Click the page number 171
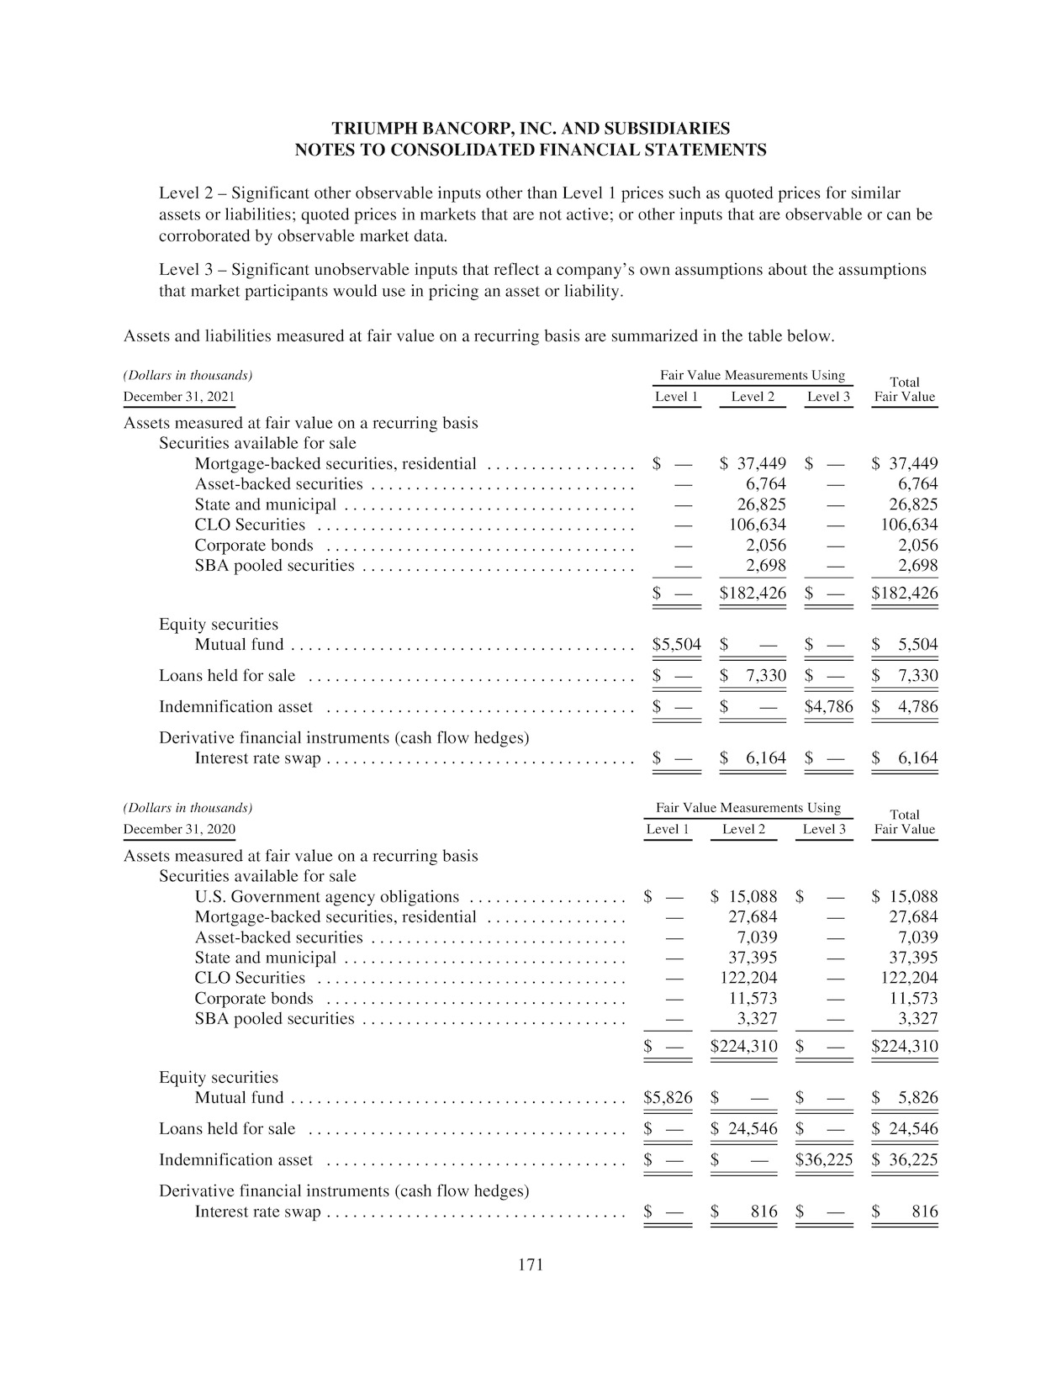tap(531, 1264)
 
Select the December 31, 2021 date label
tap(179, 397)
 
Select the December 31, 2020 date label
tap(179, 830)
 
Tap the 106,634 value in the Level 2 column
tap(757, 525)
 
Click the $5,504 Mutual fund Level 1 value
tap(676, 645)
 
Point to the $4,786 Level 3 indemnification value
tap(828, 706)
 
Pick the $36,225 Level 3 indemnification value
tap(824, 1159)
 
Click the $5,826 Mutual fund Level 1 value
tap(668, 1097)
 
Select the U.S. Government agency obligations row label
tap(327, 896)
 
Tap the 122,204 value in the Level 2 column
tap(748, 978)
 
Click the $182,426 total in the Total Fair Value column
tap(905, 593)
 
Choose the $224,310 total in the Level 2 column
tap(743, 1047)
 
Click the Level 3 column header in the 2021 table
tap(828, 397)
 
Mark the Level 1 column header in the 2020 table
tap(668, 830)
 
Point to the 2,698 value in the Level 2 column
tap(765, 565)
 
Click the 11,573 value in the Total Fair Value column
tap(914, 998)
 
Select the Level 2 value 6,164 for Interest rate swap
tap(765, 757)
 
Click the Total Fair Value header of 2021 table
tap(905, 389)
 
